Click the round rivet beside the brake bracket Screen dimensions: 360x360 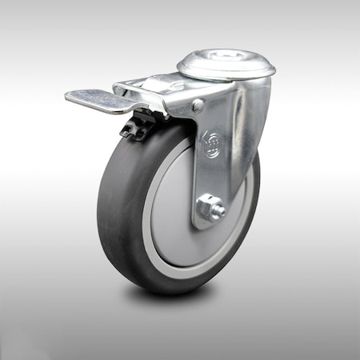click(x=198, y=105)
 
